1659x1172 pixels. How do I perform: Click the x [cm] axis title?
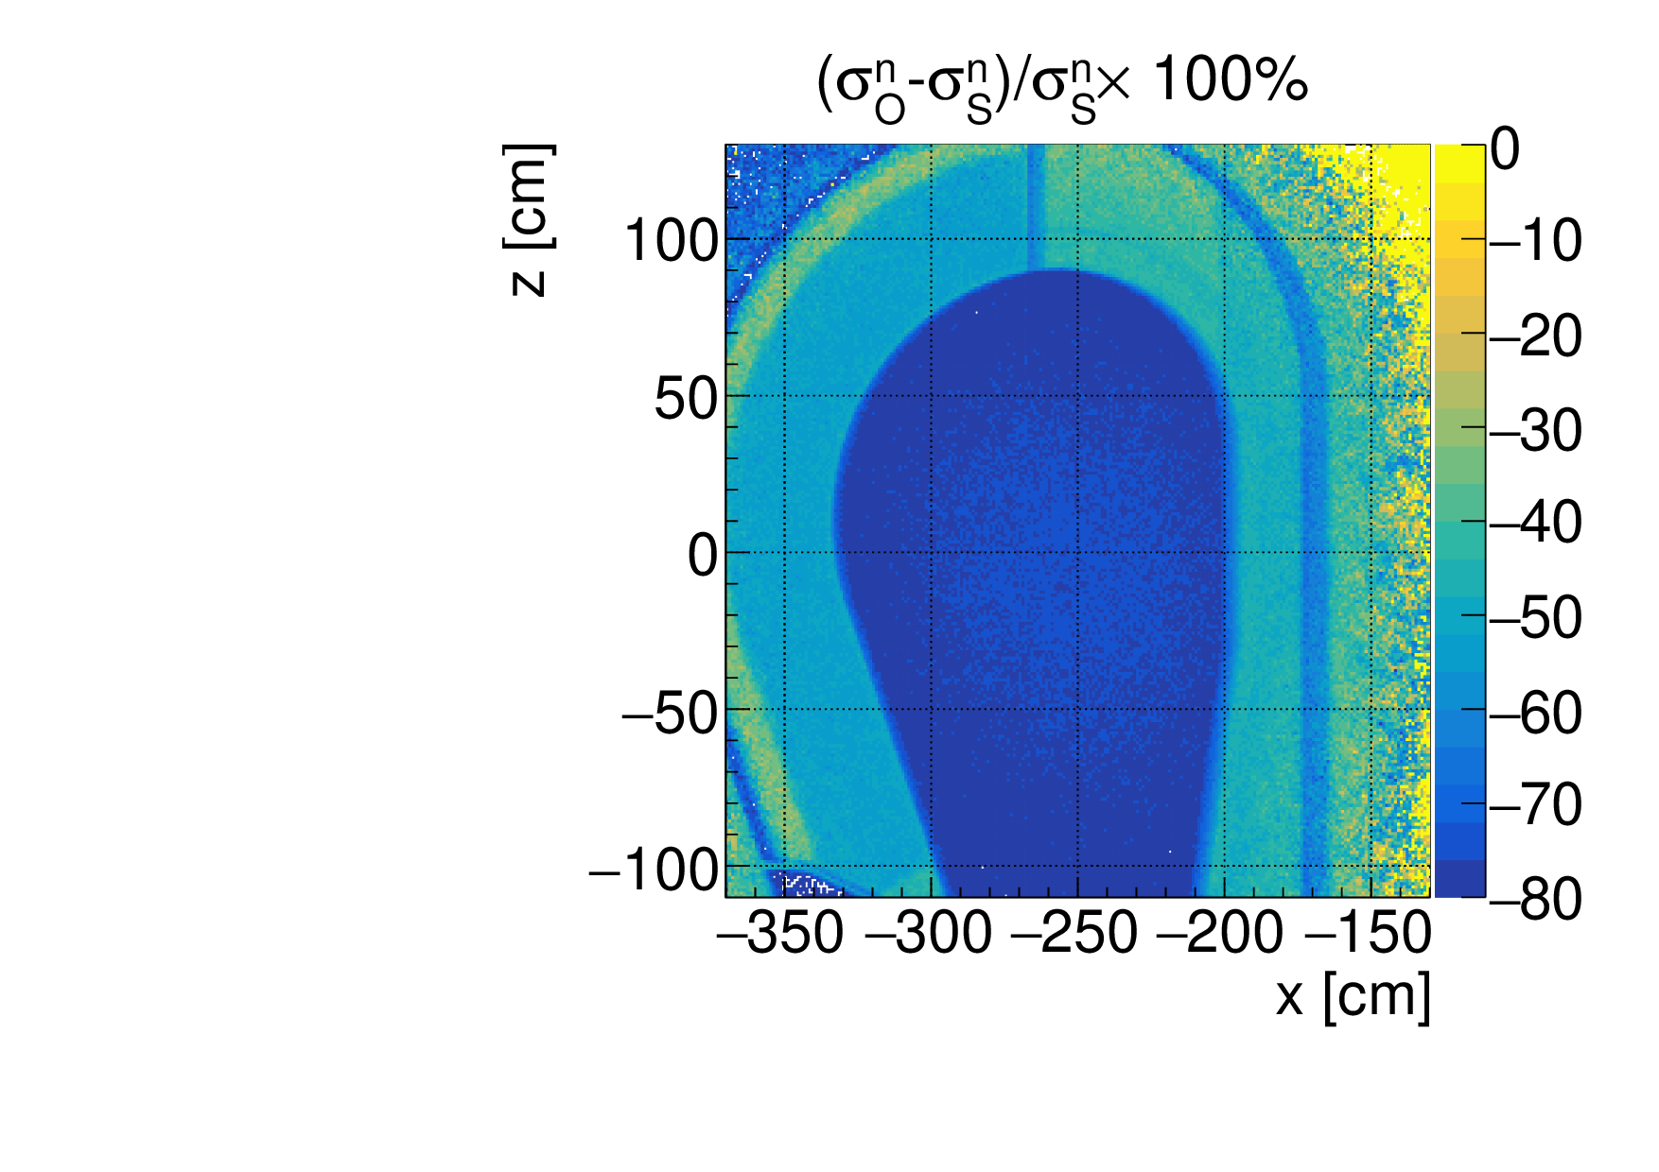pyautogui.click(x=1353, y=996)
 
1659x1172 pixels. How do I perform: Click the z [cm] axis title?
pyautogui.click(x=528, y=220)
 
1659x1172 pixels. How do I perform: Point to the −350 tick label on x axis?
pyautogui.click(x=780, y=935)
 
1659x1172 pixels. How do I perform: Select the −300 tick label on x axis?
pyautogui.click(x=928, y=935)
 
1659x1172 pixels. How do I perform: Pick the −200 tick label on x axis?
pyautogui.click(x=1220, y=935)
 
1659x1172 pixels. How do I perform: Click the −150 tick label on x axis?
pyautogui.click(x=1367, y=935)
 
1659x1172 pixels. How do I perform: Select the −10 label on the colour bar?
pyautogui.click(x=1534, y=241)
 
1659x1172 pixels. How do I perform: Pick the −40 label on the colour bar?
pyautogui.click(x=1534, y=522)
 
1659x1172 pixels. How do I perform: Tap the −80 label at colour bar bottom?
pyautogui.click(x=1534, y=899)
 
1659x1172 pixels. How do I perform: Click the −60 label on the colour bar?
pyautogui.click(x=1534, y=712)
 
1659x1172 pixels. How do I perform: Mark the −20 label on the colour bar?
pyautogui.click(x=1534, y=336)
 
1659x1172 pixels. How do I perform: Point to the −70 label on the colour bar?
pyautogui.click(x=1534, y=805)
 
